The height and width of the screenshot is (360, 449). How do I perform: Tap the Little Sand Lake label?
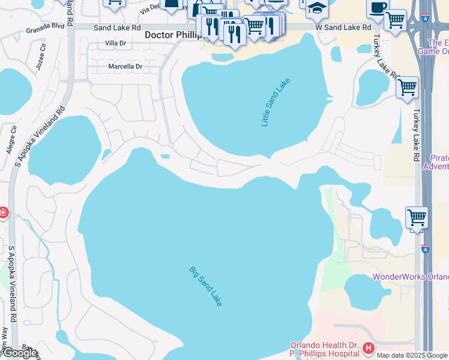tap(276, 102)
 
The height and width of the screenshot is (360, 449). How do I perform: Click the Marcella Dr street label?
tap(125, 67)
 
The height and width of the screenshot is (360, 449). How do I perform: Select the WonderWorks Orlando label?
tap(411, 277)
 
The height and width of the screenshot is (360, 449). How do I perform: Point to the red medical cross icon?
tap(3, 212)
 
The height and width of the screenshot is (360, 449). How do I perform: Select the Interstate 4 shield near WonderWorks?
tap(425, 248)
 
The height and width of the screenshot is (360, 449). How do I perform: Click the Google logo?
tap(20, 353)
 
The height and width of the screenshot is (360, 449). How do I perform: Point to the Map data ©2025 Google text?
tap(412, 355)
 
